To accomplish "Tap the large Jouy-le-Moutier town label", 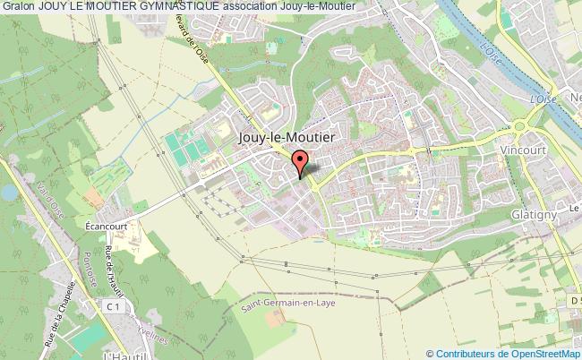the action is [287, 139].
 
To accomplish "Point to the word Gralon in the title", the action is [18, 6].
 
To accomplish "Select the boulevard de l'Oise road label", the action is [197, 43].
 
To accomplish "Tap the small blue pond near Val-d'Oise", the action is [8, 192].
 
